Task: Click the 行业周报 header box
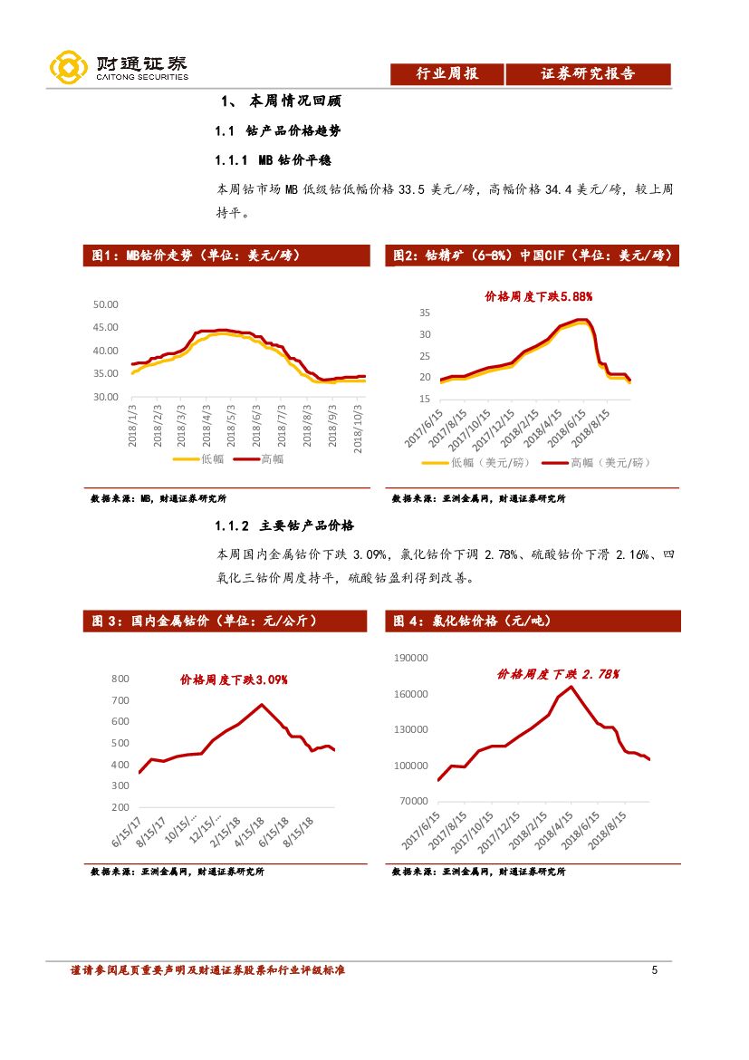[447, 74]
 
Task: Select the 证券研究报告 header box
[588, 74]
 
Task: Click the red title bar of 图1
[226, 256]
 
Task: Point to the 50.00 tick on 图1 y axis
[106, 304]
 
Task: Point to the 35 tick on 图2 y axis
[424, 313]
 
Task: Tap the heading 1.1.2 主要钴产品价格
[284, 525]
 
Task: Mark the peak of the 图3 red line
[262, 704]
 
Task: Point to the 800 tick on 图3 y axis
[120, 679]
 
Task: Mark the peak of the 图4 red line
[571, 687]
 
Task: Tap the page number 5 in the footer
[654, 971]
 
